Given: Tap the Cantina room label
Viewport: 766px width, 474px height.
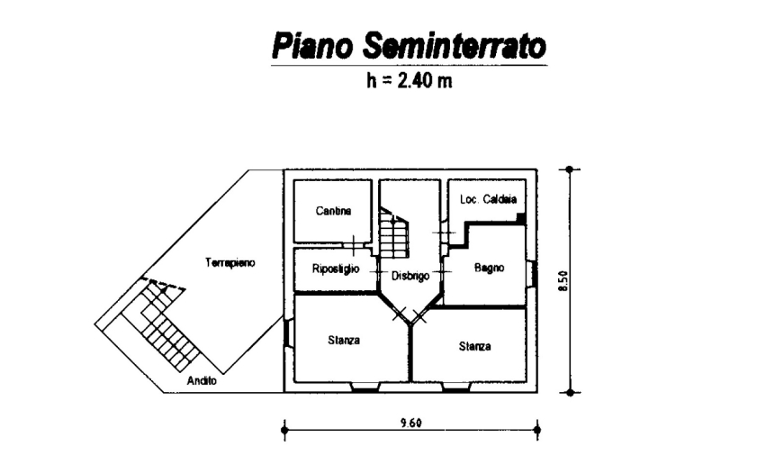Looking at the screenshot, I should coord(332,211).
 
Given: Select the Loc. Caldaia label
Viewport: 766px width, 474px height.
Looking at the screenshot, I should coord(486,199).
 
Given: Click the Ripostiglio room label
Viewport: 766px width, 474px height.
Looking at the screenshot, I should coord(336,269).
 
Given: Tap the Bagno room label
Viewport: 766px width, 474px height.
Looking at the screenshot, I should coord(489,268).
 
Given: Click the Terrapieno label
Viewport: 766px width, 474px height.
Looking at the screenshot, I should coord(230,263).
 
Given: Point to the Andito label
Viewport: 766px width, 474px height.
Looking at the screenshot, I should coord(202,380).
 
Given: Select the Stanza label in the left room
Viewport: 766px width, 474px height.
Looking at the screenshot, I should coord(344,341).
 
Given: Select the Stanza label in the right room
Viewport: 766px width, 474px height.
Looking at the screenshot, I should coord(474,346).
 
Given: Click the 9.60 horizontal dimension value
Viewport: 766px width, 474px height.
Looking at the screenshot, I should coord(410,422).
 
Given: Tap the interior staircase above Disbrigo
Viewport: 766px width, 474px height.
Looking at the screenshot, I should coord(392,232).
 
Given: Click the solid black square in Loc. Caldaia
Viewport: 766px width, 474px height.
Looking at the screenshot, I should coord(520,218).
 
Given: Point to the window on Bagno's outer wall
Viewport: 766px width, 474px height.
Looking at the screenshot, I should coord(532,273).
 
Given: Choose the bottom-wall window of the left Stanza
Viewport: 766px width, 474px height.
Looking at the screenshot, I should coord(365,388).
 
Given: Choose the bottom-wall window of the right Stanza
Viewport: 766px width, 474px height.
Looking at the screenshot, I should coord(455,388).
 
